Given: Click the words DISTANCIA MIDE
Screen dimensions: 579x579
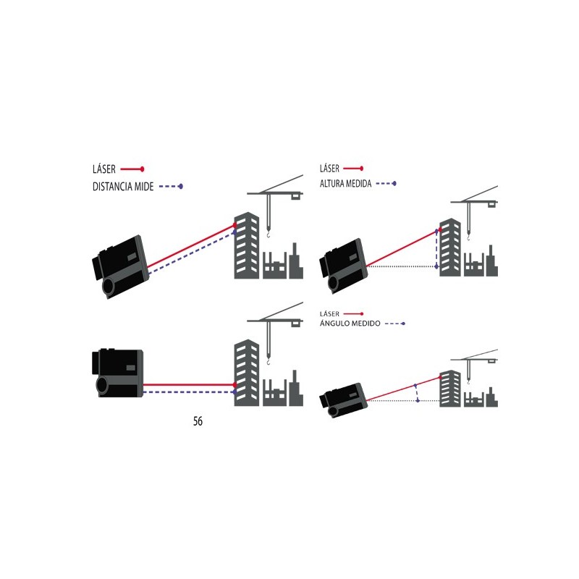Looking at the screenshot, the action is pyautogui.click(x=123, y=187).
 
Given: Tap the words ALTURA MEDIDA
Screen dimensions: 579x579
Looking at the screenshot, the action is pyautogui.click(x=346, y=184).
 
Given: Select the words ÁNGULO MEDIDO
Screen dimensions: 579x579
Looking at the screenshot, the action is pyautogui.click(x=350, y=324).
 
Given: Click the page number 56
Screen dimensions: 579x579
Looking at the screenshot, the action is pyautogui.click(x=198, y=421).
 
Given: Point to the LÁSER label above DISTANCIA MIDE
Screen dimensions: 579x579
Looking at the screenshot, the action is pyautogui.click(x=104, y=169).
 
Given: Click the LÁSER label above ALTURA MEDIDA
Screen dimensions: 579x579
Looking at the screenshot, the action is pyautogui.click(x=329, y=169).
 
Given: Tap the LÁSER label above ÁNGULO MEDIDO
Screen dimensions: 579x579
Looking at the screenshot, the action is pyautogui.click(x=329, y=314).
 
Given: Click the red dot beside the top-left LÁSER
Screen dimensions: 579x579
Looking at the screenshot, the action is pyautogui.click(x=142, y=169).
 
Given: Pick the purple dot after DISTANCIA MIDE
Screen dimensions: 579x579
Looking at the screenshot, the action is pyautogui.click(x=180, y=187).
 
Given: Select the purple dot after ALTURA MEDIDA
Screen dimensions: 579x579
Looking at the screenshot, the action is pyautogui.click(x=394, y=184).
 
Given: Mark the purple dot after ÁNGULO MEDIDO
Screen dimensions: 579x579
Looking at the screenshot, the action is pyautogui.click(x=403, y=324).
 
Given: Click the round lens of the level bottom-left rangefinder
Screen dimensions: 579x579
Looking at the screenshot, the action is pyautogui.click(x=102, y=385).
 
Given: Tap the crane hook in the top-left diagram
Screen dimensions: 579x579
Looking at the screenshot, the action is pyautogui.click(x=269, y=234).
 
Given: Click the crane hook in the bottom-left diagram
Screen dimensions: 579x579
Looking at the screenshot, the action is pyautogui.click(x=269, y=361).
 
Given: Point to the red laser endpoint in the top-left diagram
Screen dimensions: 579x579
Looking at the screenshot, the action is pyautogui.click(x=234, y=225).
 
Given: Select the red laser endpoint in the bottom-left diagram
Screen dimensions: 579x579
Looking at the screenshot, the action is pyautogui.click(x=234, y=385).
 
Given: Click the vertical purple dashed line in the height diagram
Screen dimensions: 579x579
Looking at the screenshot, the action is pyautogui.click(x=436, y=248).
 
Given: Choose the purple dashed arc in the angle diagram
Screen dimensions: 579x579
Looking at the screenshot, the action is pyautogui.click(x=418, y=393).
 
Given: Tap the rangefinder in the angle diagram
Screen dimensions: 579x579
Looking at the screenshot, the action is pyautogui.click(x=343, y=400).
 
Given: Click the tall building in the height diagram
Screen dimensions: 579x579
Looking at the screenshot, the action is pyautogui.click(x=450, y=248).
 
